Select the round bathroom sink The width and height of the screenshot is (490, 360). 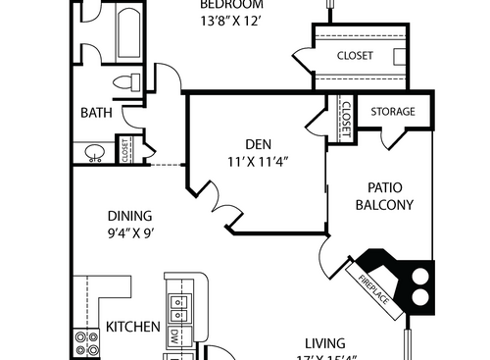click(94, 151)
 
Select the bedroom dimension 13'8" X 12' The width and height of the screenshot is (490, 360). click(231, 19)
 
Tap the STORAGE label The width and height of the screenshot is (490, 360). click(393, 112)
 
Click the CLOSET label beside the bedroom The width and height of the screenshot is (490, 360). click(355, 56)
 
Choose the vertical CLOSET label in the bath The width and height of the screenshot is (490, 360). click(125, 150)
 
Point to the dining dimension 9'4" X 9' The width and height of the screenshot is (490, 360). click(130, 233)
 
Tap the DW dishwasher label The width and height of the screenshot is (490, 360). click(173, 335)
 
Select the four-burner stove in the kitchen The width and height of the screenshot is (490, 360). click(85, 342)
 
